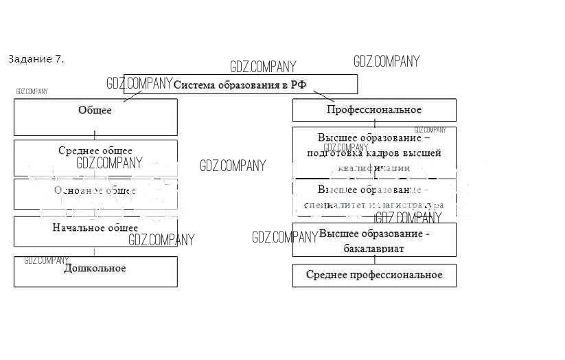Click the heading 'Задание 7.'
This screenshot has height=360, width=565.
pos(36,59)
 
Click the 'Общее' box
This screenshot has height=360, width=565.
pos(95,117)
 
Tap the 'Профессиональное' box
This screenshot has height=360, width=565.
pos(374,110)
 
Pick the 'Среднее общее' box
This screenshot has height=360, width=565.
pos(95,157)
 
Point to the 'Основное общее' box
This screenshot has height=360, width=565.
pos(95,193)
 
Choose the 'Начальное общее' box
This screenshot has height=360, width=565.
pos(95,231)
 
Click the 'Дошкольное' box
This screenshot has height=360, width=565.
pos(95,271)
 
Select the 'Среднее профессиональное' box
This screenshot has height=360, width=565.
pos(374,275)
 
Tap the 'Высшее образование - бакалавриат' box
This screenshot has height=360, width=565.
pos(374,240)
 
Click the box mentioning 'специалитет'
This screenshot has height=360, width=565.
pos(374,197)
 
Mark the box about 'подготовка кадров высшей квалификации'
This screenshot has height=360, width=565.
pos(374,151)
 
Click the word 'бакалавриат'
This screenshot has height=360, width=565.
pos(374,248)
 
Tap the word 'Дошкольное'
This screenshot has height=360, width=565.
pos(95,268)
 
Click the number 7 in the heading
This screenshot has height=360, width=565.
pos(58,59)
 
